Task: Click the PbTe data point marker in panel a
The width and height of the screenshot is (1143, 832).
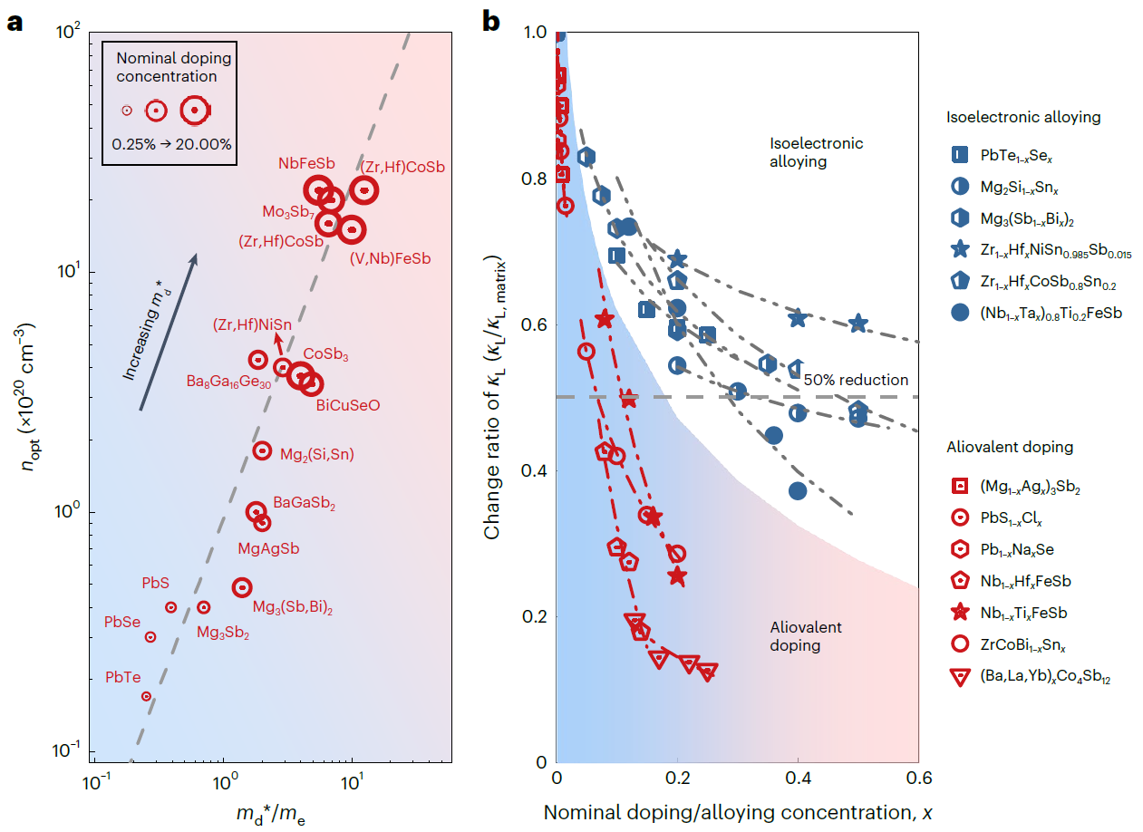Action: point(146,696)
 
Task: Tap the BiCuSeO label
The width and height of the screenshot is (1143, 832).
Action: point(348,405)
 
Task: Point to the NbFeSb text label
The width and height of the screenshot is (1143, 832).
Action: point(305,164)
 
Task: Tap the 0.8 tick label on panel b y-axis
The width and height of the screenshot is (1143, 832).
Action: point(534,179)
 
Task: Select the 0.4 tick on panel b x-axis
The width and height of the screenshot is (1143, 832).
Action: point(798,779)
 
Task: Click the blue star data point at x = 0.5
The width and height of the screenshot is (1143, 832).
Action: point(858,324)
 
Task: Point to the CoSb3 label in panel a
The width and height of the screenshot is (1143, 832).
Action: point(325,354)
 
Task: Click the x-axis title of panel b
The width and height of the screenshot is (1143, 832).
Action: point(738,811)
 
